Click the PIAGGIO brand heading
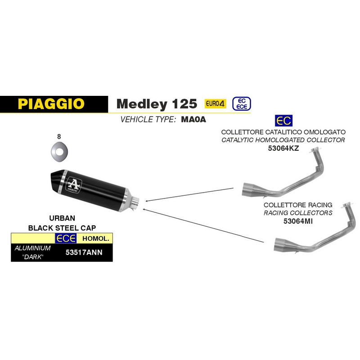click(51, 104)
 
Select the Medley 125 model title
click(157, 104)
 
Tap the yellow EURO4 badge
click(216, 103)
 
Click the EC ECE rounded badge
click(242, 104)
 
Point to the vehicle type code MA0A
click(193, 119)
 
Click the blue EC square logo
click(283, 121)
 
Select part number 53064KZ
click(283, 148)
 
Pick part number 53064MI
click(298, 221)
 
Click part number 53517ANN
click(84, 252)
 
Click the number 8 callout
click(59, 137)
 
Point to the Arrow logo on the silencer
click(74, 184)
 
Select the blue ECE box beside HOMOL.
click(66, 238)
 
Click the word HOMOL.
click(95, 238)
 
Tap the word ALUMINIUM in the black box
click(32, 248)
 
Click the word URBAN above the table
click(62, 218)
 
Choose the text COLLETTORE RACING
click(298, 205)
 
